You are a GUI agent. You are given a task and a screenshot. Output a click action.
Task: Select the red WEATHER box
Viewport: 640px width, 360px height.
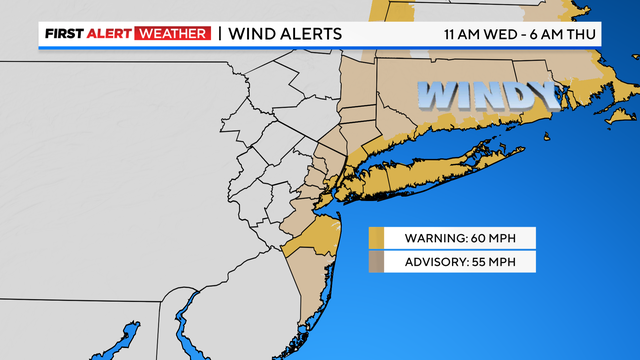click(178, 34)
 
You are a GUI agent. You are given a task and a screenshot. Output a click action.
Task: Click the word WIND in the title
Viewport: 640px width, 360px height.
click(251, 34)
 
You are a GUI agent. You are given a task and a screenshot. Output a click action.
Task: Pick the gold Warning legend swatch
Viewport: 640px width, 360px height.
click(377, 238)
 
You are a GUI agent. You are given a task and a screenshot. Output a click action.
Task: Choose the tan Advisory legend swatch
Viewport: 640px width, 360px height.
click(377, 262)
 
